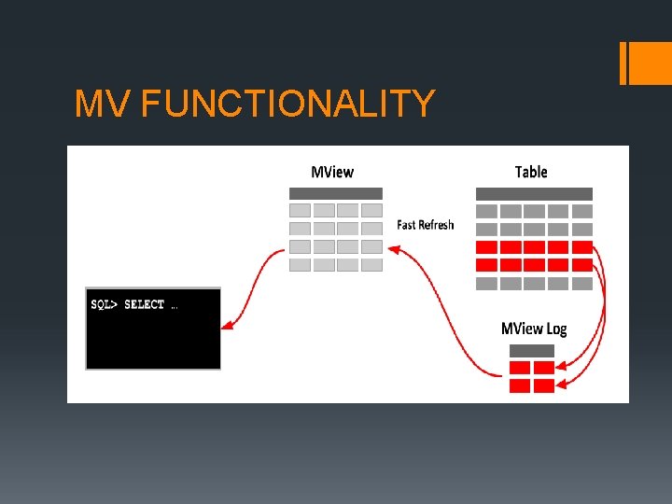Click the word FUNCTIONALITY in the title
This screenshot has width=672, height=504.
pos(287,105)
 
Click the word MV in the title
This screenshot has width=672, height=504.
pos(103,105)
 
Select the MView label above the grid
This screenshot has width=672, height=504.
pos(332,172)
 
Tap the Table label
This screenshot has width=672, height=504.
pos(531,172)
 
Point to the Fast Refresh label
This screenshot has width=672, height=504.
pos(426,225)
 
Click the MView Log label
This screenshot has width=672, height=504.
pos(534,329)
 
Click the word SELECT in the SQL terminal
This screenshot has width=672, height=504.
pos(144,304)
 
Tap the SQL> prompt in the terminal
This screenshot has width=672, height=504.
pos(105,304)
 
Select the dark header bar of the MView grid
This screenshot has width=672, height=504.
pos(336,193)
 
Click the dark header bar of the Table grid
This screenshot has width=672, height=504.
pos(534,193)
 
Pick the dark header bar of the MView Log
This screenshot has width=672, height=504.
pos(531,351)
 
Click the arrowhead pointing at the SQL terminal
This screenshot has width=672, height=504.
pos(226,325)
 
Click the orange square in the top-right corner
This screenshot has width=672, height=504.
pos(651,63)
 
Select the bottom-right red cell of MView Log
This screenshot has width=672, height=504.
pos(543,385)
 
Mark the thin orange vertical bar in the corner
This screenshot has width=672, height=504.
pos(623,63)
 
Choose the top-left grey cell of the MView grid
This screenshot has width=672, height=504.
pos(300,211)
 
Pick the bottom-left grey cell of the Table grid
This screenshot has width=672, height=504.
pos(486,283)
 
